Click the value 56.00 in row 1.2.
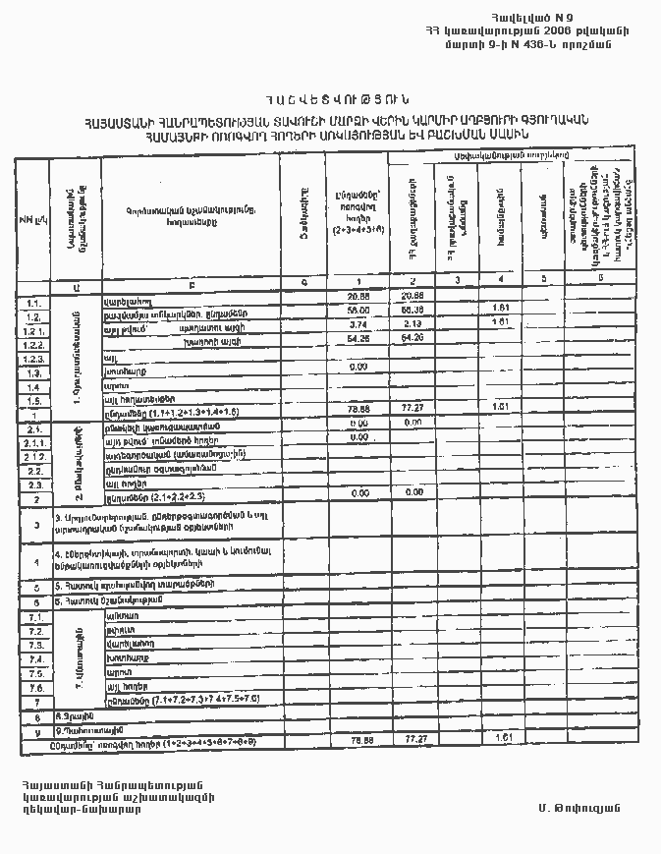[x=357, y=310]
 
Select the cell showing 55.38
[x=413, y=310]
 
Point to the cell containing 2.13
[x=413, y=323]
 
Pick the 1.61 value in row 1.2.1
[x=498, y=322]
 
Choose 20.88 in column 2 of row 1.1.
[x=413, y=296]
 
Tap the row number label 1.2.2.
[x=34, y=347]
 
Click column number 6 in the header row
[x=599, y=281]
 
